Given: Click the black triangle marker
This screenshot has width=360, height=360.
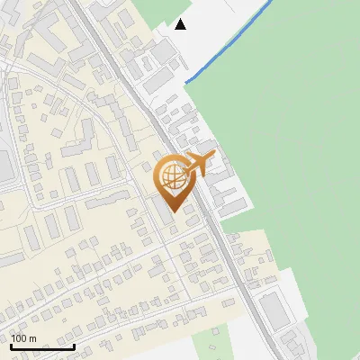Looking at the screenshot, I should point(181,23).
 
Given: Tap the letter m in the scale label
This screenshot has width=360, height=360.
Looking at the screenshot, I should point(33,339).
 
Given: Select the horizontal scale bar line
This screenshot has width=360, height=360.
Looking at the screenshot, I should point(42,346).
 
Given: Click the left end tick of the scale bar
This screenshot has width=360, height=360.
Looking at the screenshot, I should point(11,345).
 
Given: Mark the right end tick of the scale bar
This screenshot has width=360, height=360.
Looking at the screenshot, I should point(74,345).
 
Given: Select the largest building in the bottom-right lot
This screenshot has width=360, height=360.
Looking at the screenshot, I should point(274,310).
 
